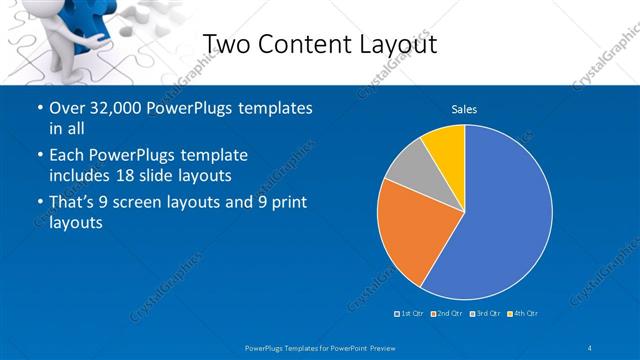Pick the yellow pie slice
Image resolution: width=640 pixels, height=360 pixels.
point(446,147)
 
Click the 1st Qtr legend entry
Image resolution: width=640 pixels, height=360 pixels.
point(410,313)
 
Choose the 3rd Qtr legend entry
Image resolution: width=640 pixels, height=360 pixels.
point(485,313)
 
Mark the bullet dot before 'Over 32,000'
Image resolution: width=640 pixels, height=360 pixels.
point(39,108)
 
